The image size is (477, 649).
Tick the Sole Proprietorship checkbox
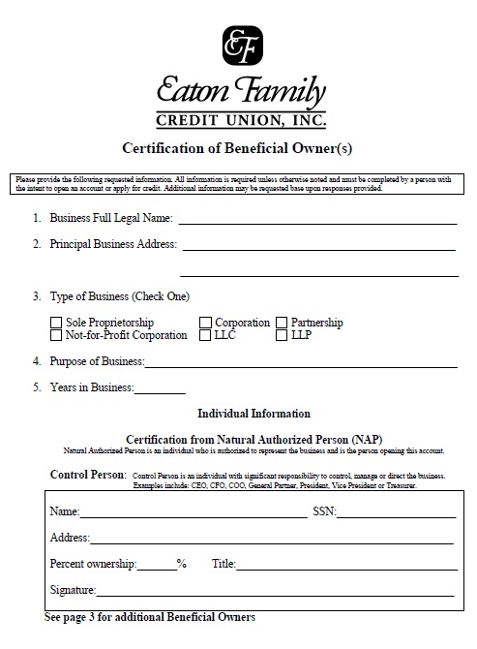[56, 323]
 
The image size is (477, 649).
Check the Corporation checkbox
[206, 323]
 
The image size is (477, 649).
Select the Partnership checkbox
[283, 323]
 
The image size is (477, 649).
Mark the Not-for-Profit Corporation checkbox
[56, 336]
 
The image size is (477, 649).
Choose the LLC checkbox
[206, 336]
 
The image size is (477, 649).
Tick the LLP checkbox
[283, 336]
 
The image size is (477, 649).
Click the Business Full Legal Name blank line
[316, 222]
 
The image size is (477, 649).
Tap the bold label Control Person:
[88, 475]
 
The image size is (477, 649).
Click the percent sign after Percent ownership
[181, 564]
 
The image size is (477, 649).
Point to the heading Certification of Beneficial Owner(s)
[239, 148]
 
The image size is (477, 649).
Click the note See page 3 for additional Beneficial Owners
[150, 616]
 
